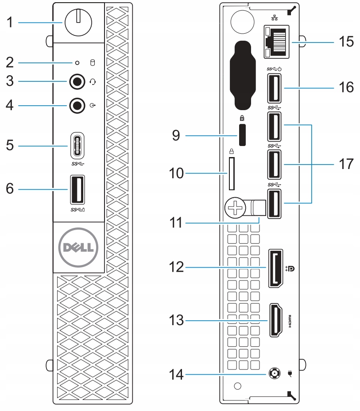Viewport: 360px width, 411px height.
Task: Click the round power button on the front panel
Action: (78, 22)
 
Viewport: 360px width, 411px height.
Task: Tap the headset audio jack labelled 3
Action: (77, 82)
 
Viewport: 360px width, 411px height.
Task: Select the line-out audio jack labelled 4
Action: (77, 105)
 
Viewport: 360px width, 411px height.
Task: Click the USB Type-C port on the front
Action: (77, 145)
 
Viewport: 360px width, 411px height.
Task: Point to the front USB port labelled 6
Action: (77, 189)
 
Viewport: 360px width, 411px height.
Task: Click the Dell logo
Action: (78, 247)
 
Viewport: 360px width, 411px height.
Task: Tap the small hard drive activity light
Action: (77, 63)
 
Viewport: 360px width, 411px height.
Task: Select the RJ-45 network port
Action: (276, 42)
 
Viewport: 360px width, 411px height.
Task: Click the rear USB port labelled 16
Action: (274, 88)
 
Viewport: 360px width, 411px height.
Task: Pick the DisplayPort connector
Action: (275, 269)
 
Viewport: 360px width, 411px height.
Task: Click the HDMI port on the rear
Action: (276, 320)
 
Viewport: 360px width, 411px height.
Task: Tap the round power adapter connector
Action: (274, 373)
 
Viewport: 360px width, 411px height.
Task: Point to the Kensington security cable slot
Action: (243, 135)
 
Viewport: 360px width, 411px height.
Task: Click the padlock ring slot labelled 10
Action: (232, 173)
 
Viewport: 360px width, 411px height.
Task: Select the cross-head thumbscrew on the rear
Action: (235, 208)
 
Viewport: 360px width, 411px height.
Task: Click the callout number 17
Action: (346, 164)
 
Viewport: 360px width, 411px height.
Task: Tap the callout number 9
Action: (176, 135)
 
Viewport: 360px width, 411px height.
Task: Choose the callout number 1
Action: (10, 22)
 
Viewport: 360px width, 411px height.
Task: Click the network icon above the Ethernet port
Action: (275, 18)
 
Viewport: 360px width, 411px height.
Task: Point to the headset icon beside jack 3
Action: (93, 82)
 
